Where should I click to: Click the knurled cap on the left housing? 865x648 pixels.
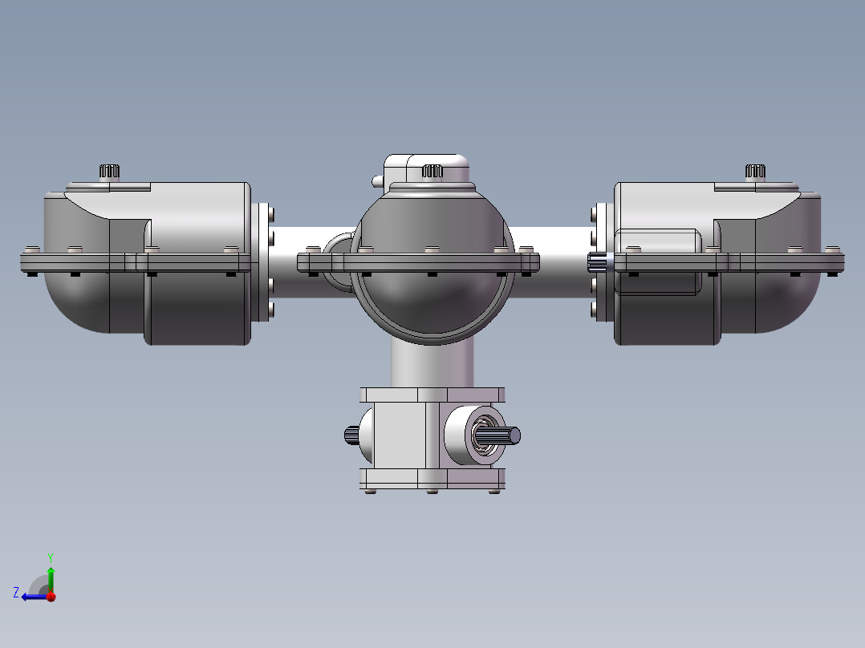[109, 171]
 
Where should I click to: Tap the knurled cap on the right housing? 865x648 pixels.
[755, 171]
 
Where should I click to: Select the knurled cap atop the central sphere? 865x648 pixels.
[433, 171]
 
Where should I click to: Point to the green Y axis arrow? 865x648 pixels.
[51, 580]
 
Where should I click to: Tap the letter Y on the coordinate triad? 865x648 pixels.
[51, 557]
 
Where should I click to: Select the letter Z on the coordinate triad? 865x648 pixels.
[16, 593]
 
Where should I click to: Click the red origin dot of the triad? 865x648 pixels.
[51, 597]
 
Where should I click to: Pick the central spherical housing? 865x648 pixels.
[433, 265]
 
